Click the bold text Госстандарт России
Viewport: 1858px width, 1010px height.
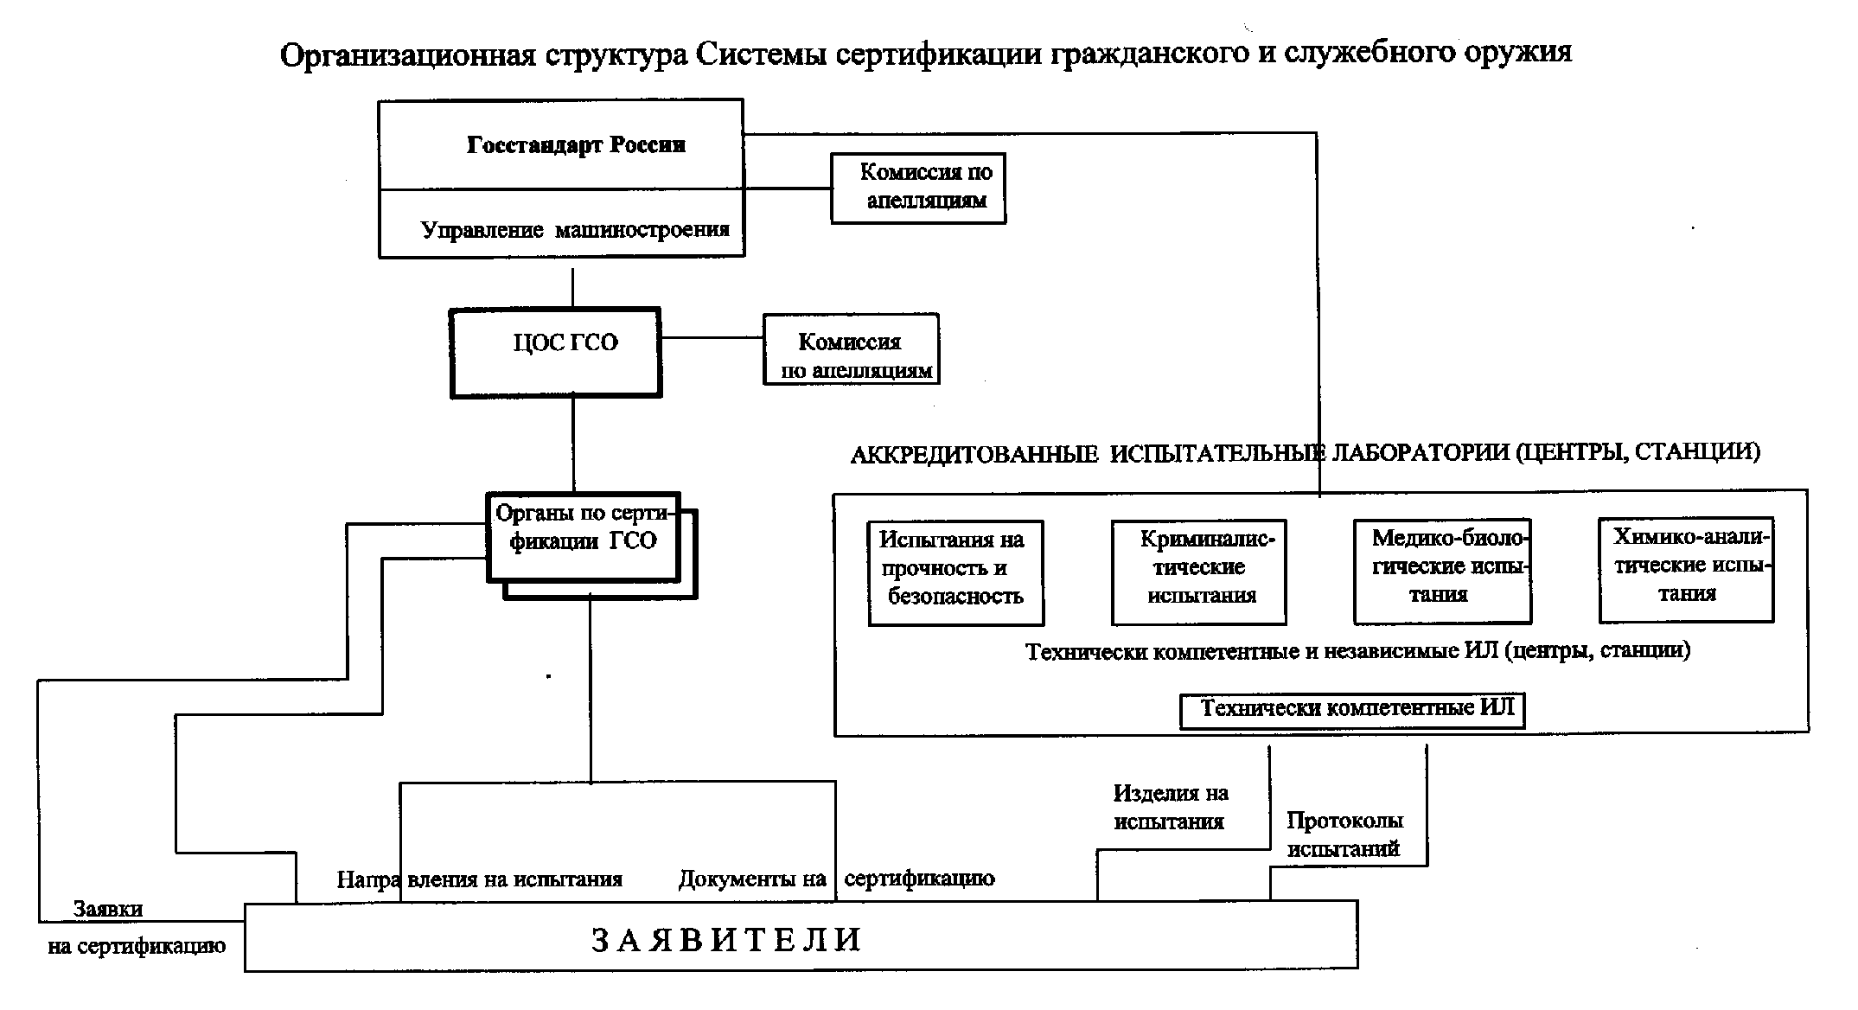(x=576, y=144)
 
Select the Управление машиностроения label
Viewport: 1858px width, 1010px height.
(x=575, y=230)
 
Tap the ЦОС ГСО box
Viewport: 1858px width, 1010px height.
(x=556, y=352)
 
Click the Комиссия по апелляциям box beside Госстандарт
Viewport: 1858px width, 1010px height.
(x=918, y=188)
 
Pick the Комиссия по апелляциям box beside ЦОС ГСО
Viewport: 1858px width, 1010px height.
(x=851, y=349)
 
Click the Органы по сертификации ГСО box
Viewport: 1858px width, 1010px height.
(x=584, y=537)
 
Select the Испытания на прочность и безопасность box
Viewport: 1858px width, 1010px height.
(x=955, y=572)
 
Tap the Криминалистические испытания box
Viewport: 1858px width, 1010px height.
(x=1198, y=572)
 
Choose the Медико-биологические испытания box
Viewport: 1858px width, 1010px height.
(x=1442, y=571)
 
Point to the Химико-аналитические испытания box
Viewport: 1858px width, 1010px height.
(x=1686, y=570)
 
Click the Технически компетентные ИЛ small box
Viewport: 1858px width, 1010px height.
(x=1352, y=710)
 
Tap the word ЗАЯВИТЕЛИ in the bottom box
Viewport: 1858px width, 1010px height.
(x=726, y=940)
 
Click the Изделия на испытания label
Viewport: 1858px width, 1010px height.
(x=1170, y=807)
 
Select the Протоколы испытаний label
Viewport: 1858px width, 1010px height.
(x=1344, y=834)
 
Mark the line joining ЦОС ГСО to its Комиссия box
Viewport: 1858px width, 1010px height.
(x=712, y=337)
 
